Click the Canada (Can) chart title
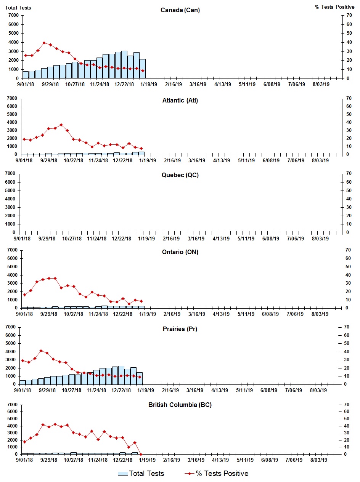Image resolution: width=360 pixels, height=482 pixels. pyautogui.click(x=180, y=10)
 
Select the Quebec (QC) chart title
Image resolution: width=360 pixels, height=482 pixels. pyautogui.click(x=180, y=175)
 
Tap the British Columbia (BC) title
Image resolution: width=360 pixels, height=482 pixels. pyautogui.click(x=180, y=405)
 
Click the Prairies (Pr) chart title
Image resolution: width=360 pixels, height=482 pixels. pyautogui.click(x=180, y=329)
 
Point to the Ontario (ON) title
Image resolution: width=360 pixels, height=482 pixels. pyautogui.click(x=180, y=252)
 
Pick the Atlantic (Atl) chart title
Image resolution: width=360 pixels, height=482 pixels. pyautogui.click(x=180, y=101)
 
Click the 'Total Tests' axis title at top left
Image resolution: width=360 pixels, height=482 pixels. pyautogui.click(x=18, y=8)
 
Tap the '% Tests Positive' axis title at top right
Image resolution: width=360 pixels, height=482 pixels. pyautogui.click(x=334, y=8)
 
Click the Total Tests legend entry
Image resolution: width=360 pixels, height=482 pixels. pyautogui.click(x=141, y=474)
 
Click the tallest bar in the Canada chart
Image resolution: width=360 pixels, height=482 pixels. pyautogui.click(x=124, y=64)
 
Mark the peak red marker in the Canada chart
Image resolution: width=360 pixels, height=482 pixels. pyautogui.click(x=44, y=43)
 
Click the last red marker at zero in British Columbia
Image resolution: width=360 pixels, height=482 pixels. pyautogui.click(x=141, y=454)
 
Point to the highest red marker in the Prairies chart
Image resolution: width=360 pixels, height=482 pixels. pyautogui.click(x=41, y=351)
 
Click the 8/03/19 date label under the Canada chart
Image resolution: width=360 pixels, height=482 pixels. pyautogui.click(x=321, y=85)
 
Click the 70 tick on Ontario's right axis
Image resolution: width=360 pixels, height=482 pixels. pyautogui.click(x=347, y=250)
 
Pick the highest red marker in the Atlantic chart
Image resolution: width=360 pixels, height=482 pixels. pyautogui.click(x=61, y=125)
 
